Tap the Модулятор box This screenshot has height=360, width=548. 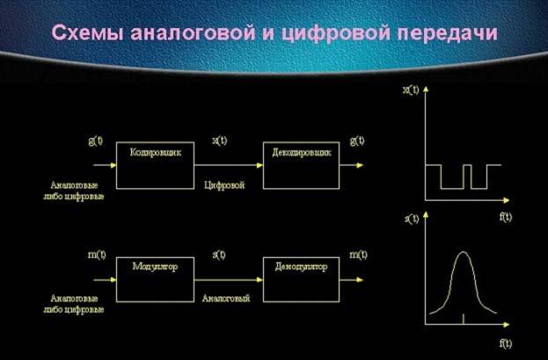click(155, 278)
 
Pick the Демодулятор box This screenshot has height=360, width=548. click(300, 278)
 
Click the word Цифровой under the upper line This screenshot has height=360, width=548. click(223, 186)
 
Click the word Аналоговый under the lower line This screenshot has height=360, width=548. click(226, 298)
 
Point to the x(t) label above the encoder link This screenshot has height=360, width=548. click(219, 141)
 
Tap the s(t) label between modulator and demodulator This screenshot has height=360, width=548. click(219, 254)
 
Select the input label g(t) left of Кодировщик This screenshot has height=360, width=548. click(97, 141)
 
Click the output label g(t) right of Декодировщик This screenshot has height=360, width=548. click(357, 141)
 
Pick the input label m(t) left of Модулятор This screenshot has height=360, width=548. click(97, 254)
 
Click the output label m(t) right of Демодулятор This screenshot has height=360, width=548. click(357, 254)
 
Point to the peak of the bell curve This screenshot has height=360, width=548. click(464, 254)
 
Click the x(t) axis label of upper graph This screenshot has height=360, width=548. click(409, 91)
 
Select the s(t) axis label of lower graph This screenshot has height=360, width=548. click(409, 218)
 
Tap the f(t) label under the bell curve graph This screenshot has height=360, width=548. click(505, 340)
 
